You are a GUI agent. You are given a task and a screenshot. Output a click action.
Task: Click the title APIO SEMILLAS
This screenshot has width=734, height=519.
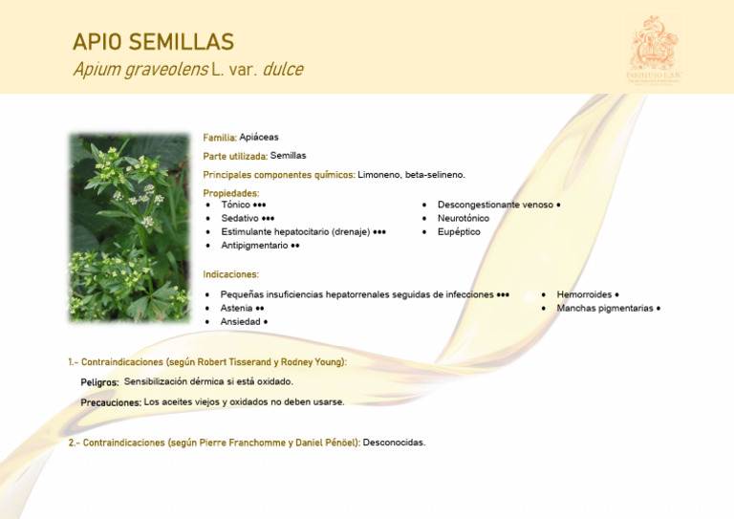point(153,42)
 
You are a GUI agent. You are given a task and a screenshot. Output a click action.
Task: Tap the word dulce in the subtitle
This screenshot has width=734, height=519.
point(283,70)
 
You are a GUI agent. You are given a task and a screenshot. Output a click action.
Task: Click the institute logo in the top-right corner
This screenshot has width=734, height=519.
point(654,50)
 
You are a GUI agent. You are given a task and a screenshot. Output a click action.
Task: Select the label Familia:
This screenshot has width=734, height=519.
point(220,138)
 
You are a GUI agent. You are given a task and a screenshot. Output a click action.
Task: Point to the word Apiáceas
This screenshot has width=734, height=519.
point(259,137)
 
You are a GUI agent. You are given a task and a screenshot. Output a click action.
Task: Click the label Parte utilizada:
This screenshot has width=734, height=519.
point(235,156)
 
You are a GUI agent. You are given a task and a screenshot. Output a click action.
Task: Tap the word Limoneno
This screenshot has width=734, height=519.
point(379,175)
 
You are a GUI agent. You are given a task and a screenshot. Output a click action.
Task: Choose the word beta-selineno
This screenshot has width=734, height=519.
point(435,175)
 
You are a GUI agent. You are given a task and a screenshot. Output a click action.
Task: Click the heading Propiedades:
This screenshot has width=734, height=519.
point(231,193)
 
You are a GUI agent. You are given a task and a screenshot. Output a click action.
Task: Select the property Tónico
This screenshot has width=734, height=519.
point(236,205)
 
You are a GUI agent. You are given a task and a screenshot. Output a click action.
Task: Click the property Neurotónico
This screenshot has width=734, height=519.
point(464,218)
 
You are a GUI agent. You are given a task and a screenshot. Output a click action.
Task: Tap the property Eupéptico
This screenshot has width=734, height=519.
point(459,231)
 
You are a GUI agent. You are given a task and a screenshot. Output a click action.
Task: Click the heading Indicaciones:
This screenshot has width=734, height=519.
point(231,274)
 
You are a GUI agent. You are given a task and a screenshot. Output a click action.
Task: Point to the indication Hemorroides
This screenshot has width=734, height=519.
point(584,294)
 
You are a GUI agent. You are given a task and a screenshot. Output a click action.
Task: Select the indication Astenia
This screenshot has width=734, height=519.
point(236,308)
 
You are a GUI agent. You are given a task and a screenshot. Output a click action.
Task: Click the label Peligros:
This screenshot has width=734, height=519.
point(99,382)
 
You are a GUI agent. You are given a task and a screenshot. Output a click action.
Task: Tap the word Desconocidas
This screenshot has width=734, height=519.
point(394,443)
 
